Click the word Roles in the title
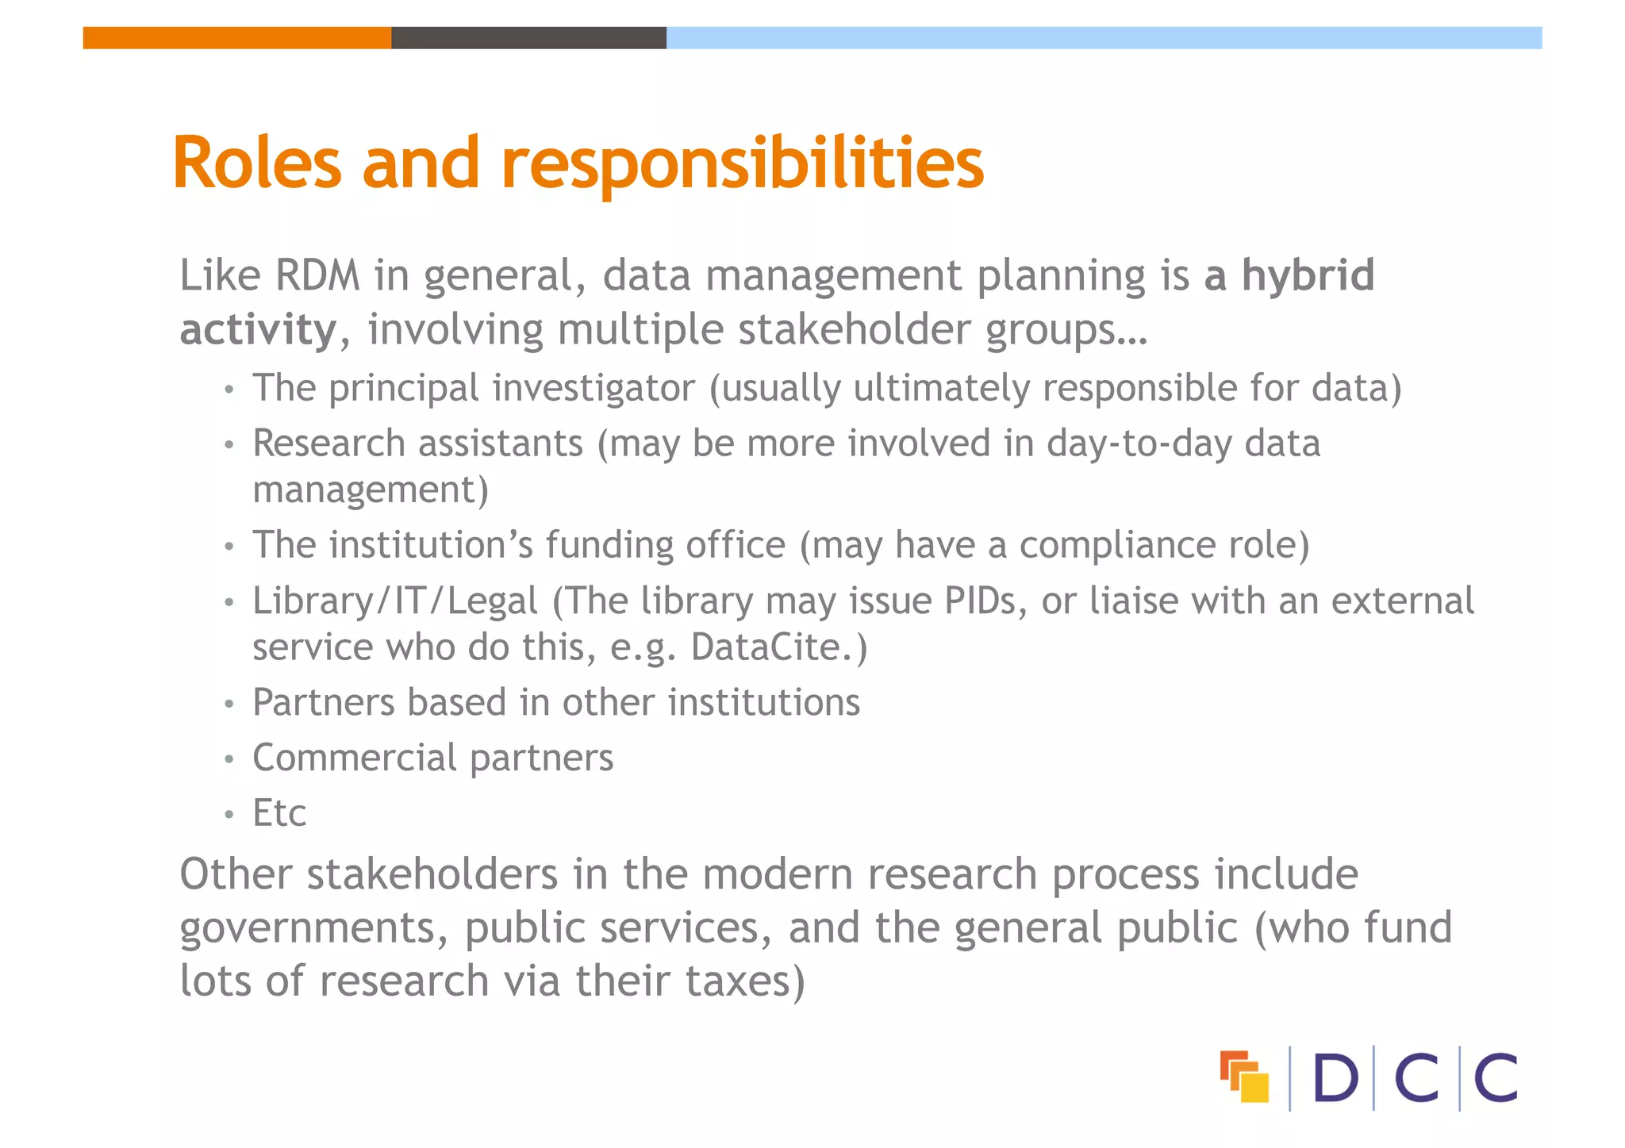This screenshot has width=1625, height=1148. [257, 163]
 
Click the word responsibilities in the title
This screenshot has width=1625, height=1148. [743, 165]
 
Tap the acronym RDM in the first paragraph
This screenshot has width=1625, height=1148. [317, 275]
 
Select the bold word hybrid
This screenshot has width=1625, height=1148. [1308, 275]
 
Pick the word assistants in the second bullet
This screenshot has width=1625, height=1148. [499, 443]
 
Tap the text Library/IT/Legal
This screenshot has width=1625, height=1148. [395, 601]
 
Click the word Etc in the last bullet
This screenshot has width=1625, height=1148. [279, 813]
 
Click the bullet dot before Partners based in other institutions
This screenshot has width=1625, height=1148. [229, 704]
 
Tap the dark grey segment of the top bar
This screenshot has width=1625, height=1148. [528, 38]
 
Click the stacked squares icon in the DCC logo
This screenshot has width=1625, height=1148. [1244, 1077]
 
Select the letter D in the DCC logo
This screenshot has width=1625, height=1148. [1335, 1078]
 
